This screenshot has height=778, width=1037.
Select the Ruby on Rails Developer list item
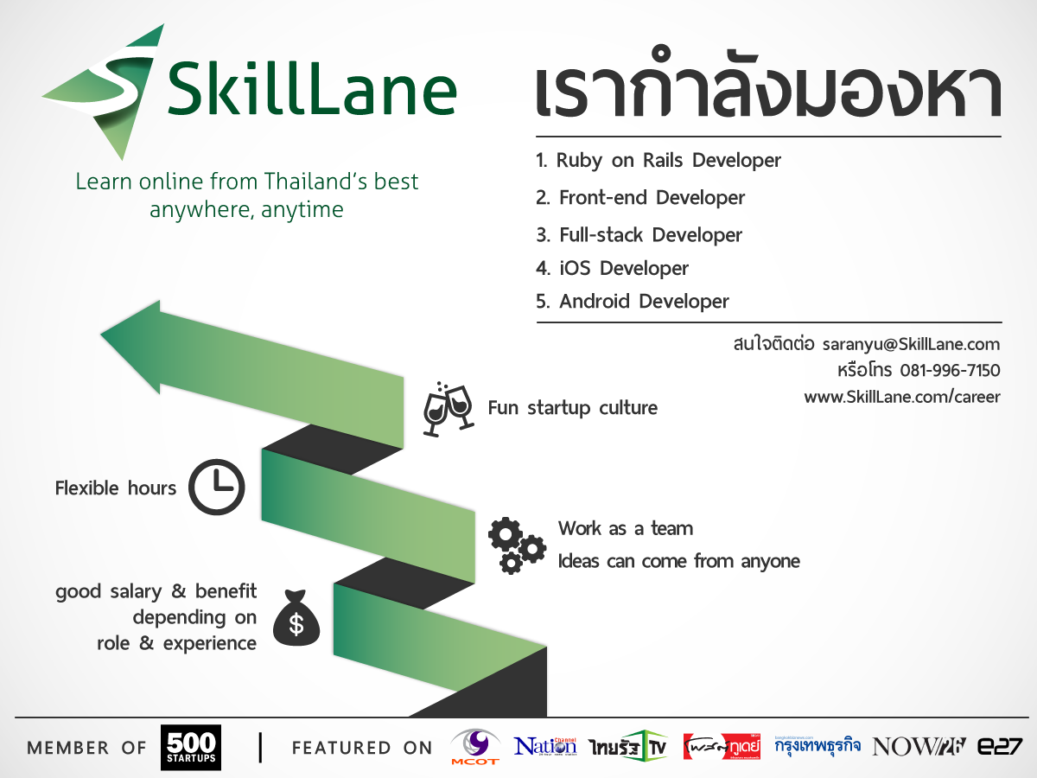point(658,161)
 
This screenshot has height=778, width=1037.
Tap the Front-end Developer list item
point(639,198)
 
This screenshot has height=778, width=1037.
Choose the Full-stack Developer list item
point(639,235)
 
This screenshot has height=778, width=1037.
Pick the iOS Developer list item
point(612,268)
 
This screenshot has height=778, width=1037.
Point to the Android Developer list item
point(632,302)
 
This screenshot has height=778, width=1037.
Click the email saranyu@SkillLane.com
point(911,344)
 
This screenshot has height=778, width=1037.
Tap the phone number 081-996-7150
point(950,371)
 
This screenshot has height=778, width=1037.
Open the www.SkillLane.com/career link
point(902,397)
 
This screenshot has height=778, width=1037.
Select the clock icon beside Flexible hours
point(216,488)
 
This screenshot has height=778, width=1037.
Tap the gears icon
point(517,545)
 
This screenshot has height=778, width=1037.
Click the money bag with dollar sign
point(296,616)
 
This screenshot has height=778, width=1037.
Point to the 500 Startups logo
point(191,747)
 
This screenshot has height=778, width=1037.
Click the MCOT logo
point(475,747)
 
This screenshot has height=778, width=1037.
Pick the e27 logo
point(1000,747)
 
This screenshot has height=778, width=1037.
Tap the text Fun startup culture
point(572,408)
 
